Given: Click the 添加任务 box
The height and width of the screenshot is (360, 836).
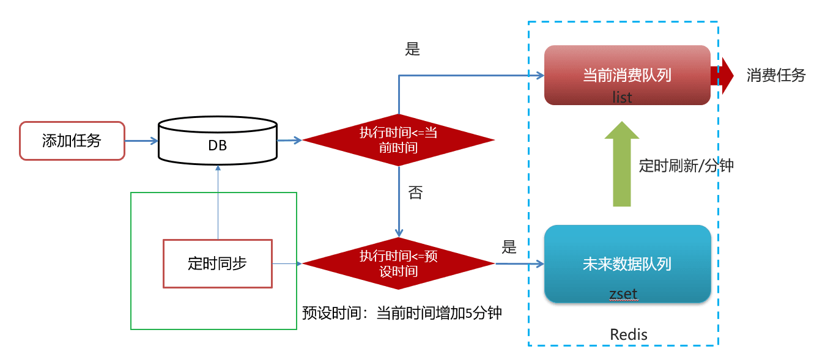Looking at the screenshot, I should (x=72, y=141).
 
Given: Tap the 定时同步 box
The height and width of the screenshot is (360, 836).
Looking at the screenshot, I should (x=217, y=263).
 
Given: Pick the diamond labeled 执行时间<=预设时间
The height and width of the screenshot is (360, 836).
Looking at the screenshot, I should (x=398, y=263).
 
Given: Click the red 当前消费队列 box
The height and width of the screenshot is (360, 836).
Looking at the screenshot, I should (x=627, y=75).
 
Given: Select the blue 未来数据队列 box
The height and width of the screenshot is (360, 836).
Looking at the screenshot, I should (x=627, y=263).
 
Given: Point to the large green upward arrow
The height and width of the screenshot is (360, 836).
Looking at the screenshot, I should (x=622, y=164).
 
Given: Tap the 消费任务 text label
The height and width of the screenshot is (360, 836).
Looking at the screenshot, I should (x=776, y=76).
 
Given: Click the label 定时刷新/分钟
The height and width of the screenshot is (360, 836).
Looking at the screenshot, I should (x=686, y=166).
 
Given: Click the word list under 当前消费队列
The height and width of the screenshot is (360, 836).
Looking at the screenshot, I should (x=622, y=97).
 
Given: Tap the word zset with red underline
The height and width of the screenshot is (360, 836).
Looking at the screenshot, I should (x=623, y=294).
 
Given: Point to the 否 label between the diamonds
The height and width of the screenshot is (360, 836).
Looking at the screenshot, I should (x=415, y=193).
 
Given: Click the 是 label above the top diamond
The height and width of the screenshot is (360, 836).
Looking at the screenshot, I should (x=413, y=50).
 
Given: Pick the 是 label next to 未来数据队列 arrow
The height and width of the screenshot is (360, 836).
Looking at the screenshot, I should (x=509, y=247).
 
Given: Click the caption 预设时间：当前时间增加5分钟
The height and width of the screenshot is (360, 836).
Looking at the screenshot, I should (x=402, y=313).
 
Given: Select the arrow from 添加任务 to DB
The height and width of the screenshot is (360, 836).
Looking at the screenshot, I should (x=141, y=141).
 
